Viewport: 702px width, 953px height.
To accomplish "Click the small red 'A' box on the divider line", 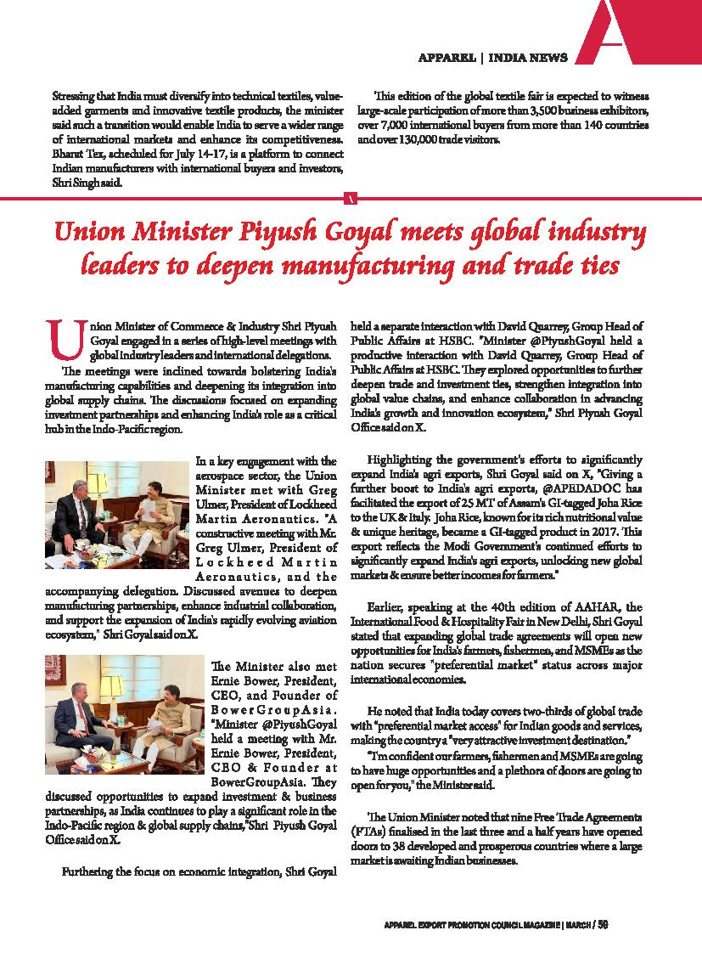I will [351, 198].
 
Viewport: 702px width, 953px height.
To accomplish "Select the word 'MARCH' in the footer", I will [577, 924].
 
